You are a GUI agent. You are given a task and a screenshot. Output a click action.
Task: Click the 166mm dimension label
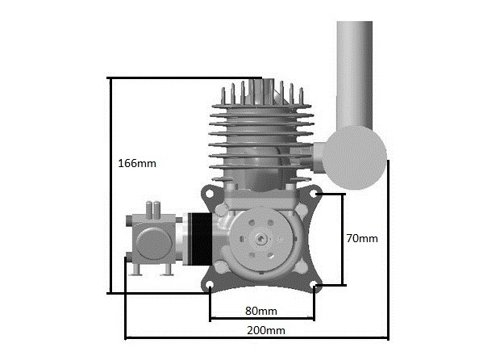(x=137, y=163)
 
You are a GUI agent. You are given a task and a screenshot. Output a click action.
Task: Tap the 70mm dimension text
(x=362, y=238)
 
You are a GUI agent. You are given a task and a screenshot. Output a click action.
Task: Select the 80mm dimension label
(x=261, y=311)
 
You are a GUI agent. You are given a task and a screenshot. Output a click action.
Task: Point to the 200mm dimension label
(x=266, y=330)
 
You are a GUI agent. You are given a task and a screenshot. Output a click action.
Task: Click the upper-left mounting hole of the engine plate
(x=209, y=194)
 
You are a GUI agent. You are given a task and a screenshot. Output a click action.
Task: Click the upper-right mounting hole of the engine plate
(x=314, y=194)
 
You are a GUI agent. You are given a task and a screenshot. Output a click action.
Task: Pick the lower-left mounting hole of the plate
(x=210, y=284)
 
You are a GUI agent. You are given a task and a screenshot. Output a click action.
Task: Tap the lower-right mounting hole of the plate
(x=314, y=284)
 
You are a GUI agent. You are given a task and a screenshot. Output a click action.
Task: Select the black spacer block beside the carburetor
(x=200, y=239)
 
